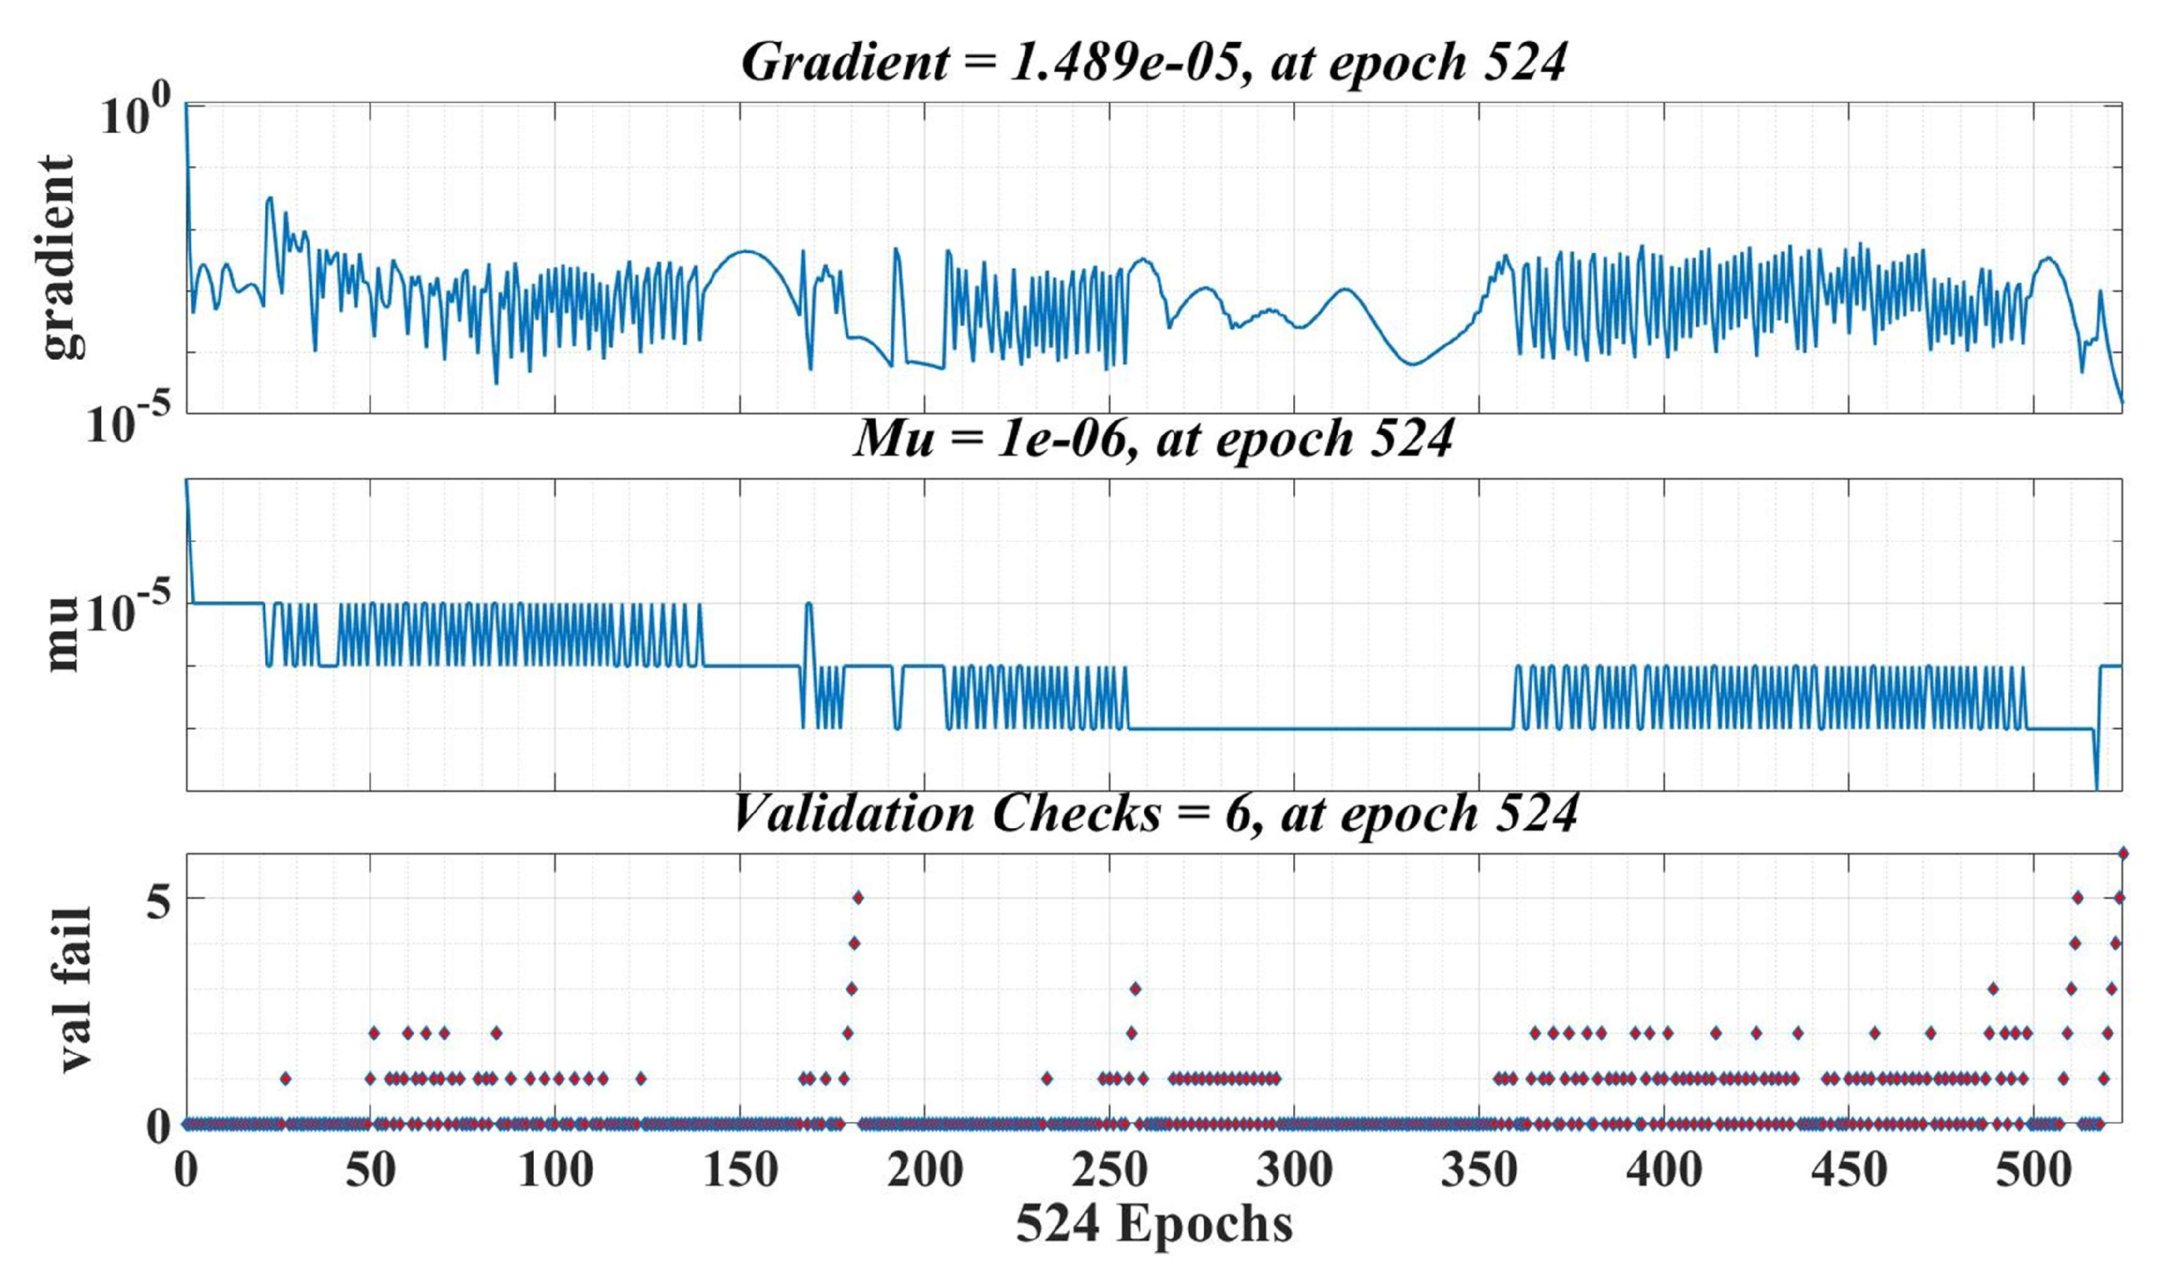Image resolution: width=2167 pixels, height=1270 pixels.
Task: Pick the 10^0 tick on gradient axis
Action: (x=133, y=116)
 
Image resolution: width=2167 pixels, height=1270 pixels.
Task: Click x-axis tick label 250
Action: (x=1109, y=1171)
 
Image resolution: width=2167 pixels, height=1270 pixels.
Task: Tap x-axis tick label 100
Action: (x=555, y=1171)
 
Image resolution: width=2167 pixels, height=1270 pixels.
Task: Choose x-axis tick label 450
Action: (x=1849, y=1171)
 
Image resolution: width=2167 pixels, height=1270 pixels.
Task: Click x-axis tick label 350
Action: (x=1479, y=1171)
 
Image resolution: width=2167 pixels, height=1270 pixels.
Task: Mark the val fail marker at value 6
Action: (x=2122, y=853)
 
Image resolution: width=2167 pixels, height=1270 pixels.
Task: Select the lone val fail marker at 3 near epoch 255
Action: (x=1135, y=988)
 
